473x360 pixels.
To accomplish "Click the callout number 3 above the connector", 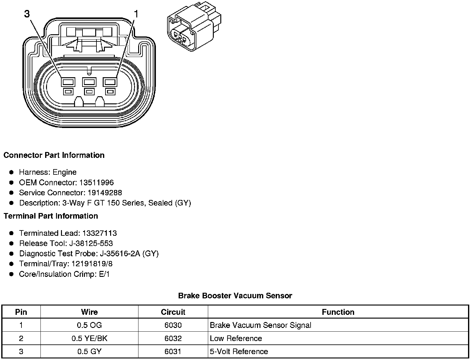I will click(27, 14).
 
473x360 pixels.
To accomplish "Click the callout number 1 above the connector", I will click(136, 14).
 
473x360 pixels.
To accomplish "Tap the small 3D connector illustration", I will click(194, 27).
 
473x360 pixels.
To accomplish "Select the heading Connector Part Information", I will click(54, 155).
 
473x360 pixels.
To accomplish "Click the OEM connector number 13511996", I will click(97, 182).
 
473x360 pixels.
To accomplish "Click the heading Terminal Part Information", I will click(51, 216).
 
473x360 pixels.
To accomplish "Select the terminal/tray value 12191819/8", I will click(92, 264).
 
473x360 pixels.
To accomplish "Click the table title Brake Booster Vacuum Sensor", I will click(235, 296).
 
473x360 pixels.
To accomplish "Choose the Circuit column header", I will click(173, 312).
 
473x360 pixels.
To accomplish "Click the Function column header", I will click(338, 312).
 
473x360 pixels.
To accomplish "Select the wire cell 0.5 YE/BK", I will click(89, 339).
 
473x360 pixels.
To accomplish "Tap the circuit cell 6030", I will click(173, 325).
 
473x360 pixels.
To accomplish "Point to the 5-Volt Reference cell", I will click(239, 352).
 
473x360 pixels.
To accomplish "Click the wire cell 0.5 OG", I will click(89, 325).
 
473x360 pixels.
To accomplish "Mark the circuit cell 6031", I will click(173, 352).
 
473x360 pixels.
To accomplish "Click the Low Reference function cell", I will click(236, 339).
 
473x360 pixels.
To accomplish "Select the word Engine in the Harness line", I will click(64, 172).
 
